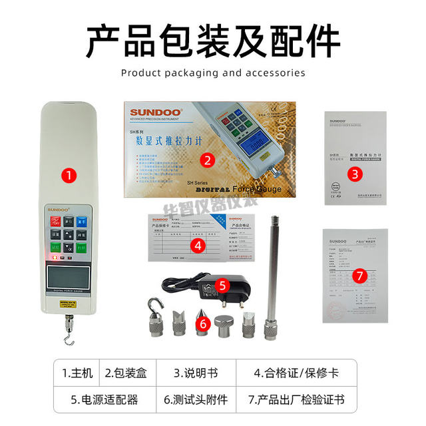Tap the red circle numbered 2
click(x=208, y=160)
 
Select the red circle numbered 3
click(x=356, y=174)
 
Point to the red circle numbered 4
click(x=197, y=244)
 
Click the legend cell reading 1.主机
click(x=77, y=373)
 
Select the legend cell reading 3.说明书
click(x=196, y=373)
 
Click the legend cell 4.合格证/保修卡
click(x=296, y=373)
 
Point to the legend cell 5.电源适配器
click(x=105, y=399)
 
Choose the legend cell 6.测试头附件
click(x=196, y=399)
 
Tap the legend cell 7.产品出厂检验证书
click(x=296, y=399)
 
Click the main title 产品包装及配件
click(x=212, y=41)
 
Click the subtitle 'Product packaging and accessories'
click(x=212, y=73)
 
